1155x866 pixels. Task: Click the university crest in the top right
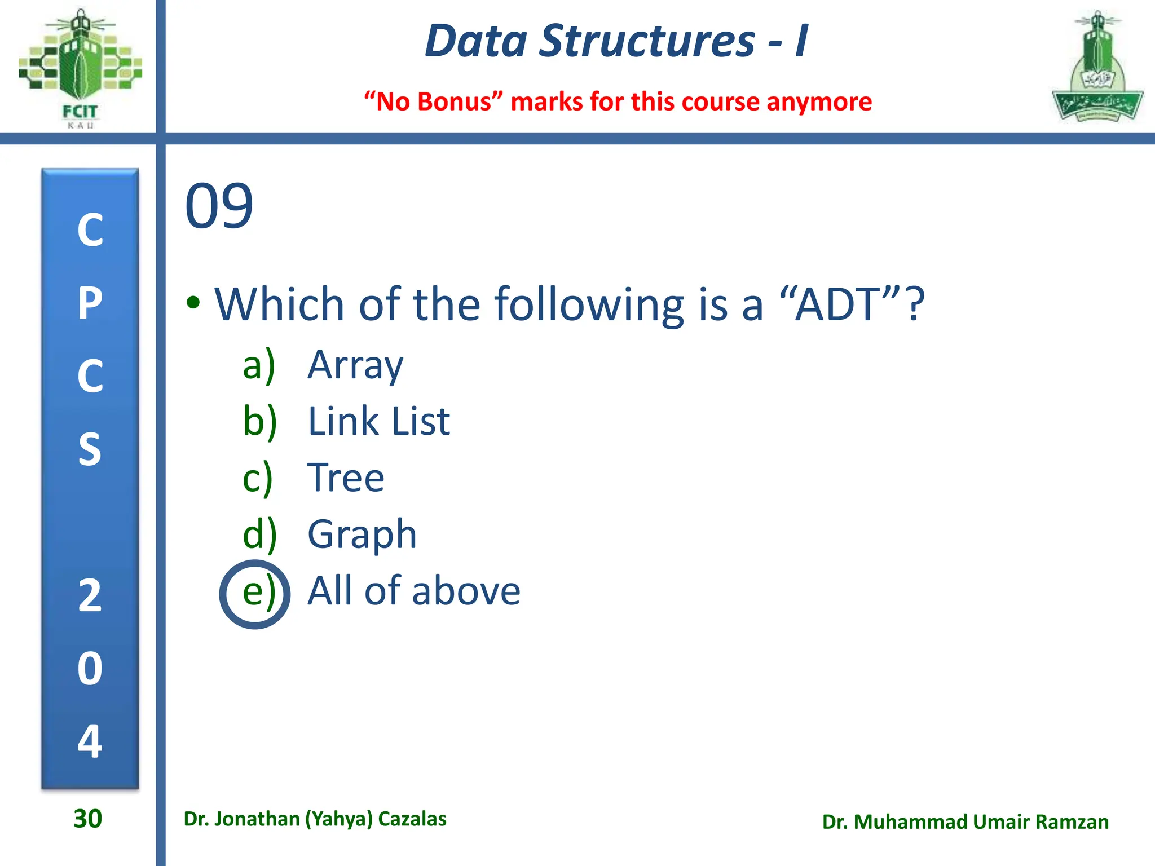[x=1097, y=68]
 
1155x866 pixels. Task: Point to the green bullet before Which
[x=193, y=303]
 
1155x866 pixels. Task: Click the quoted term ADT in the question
[x=837, y=304]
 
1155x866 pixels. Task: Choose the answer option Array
[x=355, y=365]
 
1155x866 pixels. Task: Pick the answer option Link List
[x=378, y=422]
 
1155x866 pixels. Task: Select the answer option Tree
[x=346, y=478]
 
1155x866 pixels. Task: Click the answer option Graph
[x=362, y=534]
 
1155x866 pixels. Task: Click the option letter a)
[x=259, y=365]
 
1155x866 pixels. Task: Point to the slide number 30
[x=87, y=819]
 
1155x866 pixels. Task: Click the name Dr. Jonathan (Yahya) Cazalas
[x=315, y=819]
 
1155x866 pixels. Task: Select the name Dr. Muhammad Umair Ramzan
[x=965, y=822]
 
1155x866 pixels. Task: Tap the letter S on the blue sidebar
[x=90, y=449]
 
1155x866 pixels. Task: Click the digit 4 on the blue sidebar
[x=90, y=741]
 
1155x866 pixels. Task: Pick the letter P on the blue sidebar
[x=90, y=303]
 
